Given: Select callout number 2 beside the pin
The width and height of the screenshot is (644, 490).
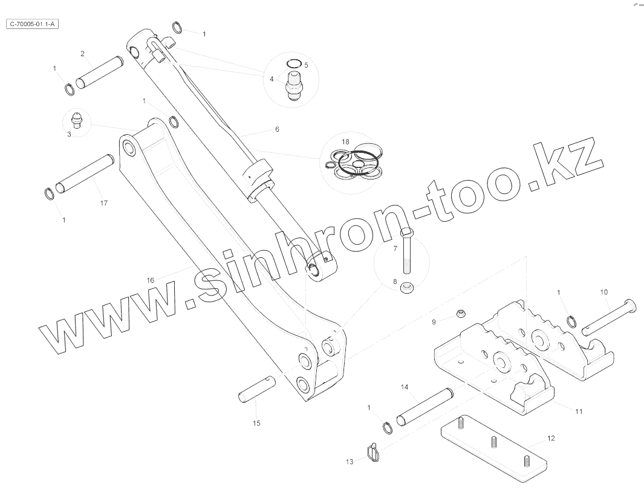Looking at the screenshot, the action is [82, 54].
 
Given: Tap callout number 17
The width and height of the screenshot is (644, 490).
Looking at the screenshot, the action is [104, 203].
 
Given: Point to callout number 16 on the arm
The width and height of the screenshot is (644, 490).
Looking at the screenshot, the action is [151, 280].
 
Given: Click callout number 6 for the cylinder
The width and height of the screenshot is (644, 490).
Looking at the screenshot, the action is [277, 129].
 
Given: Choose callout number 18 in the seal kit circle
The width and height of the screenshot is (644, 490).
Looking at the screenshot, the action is [345, 141].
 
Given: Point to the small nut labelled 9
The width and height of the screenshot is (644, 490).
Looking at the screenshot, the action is [461, 313].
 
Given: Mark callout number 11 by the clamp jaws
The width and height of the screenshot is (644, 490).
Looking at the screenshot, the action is [579, 411].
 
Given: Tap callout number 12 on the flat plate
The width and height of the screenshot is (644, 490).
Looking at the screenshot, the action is [551, 439].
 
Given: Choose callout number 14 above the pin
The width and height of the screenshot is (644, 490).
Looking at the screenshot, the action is [405, 386].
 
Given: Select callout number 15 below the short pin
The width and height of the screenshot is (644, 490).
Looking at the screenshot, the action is [256, 424].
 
